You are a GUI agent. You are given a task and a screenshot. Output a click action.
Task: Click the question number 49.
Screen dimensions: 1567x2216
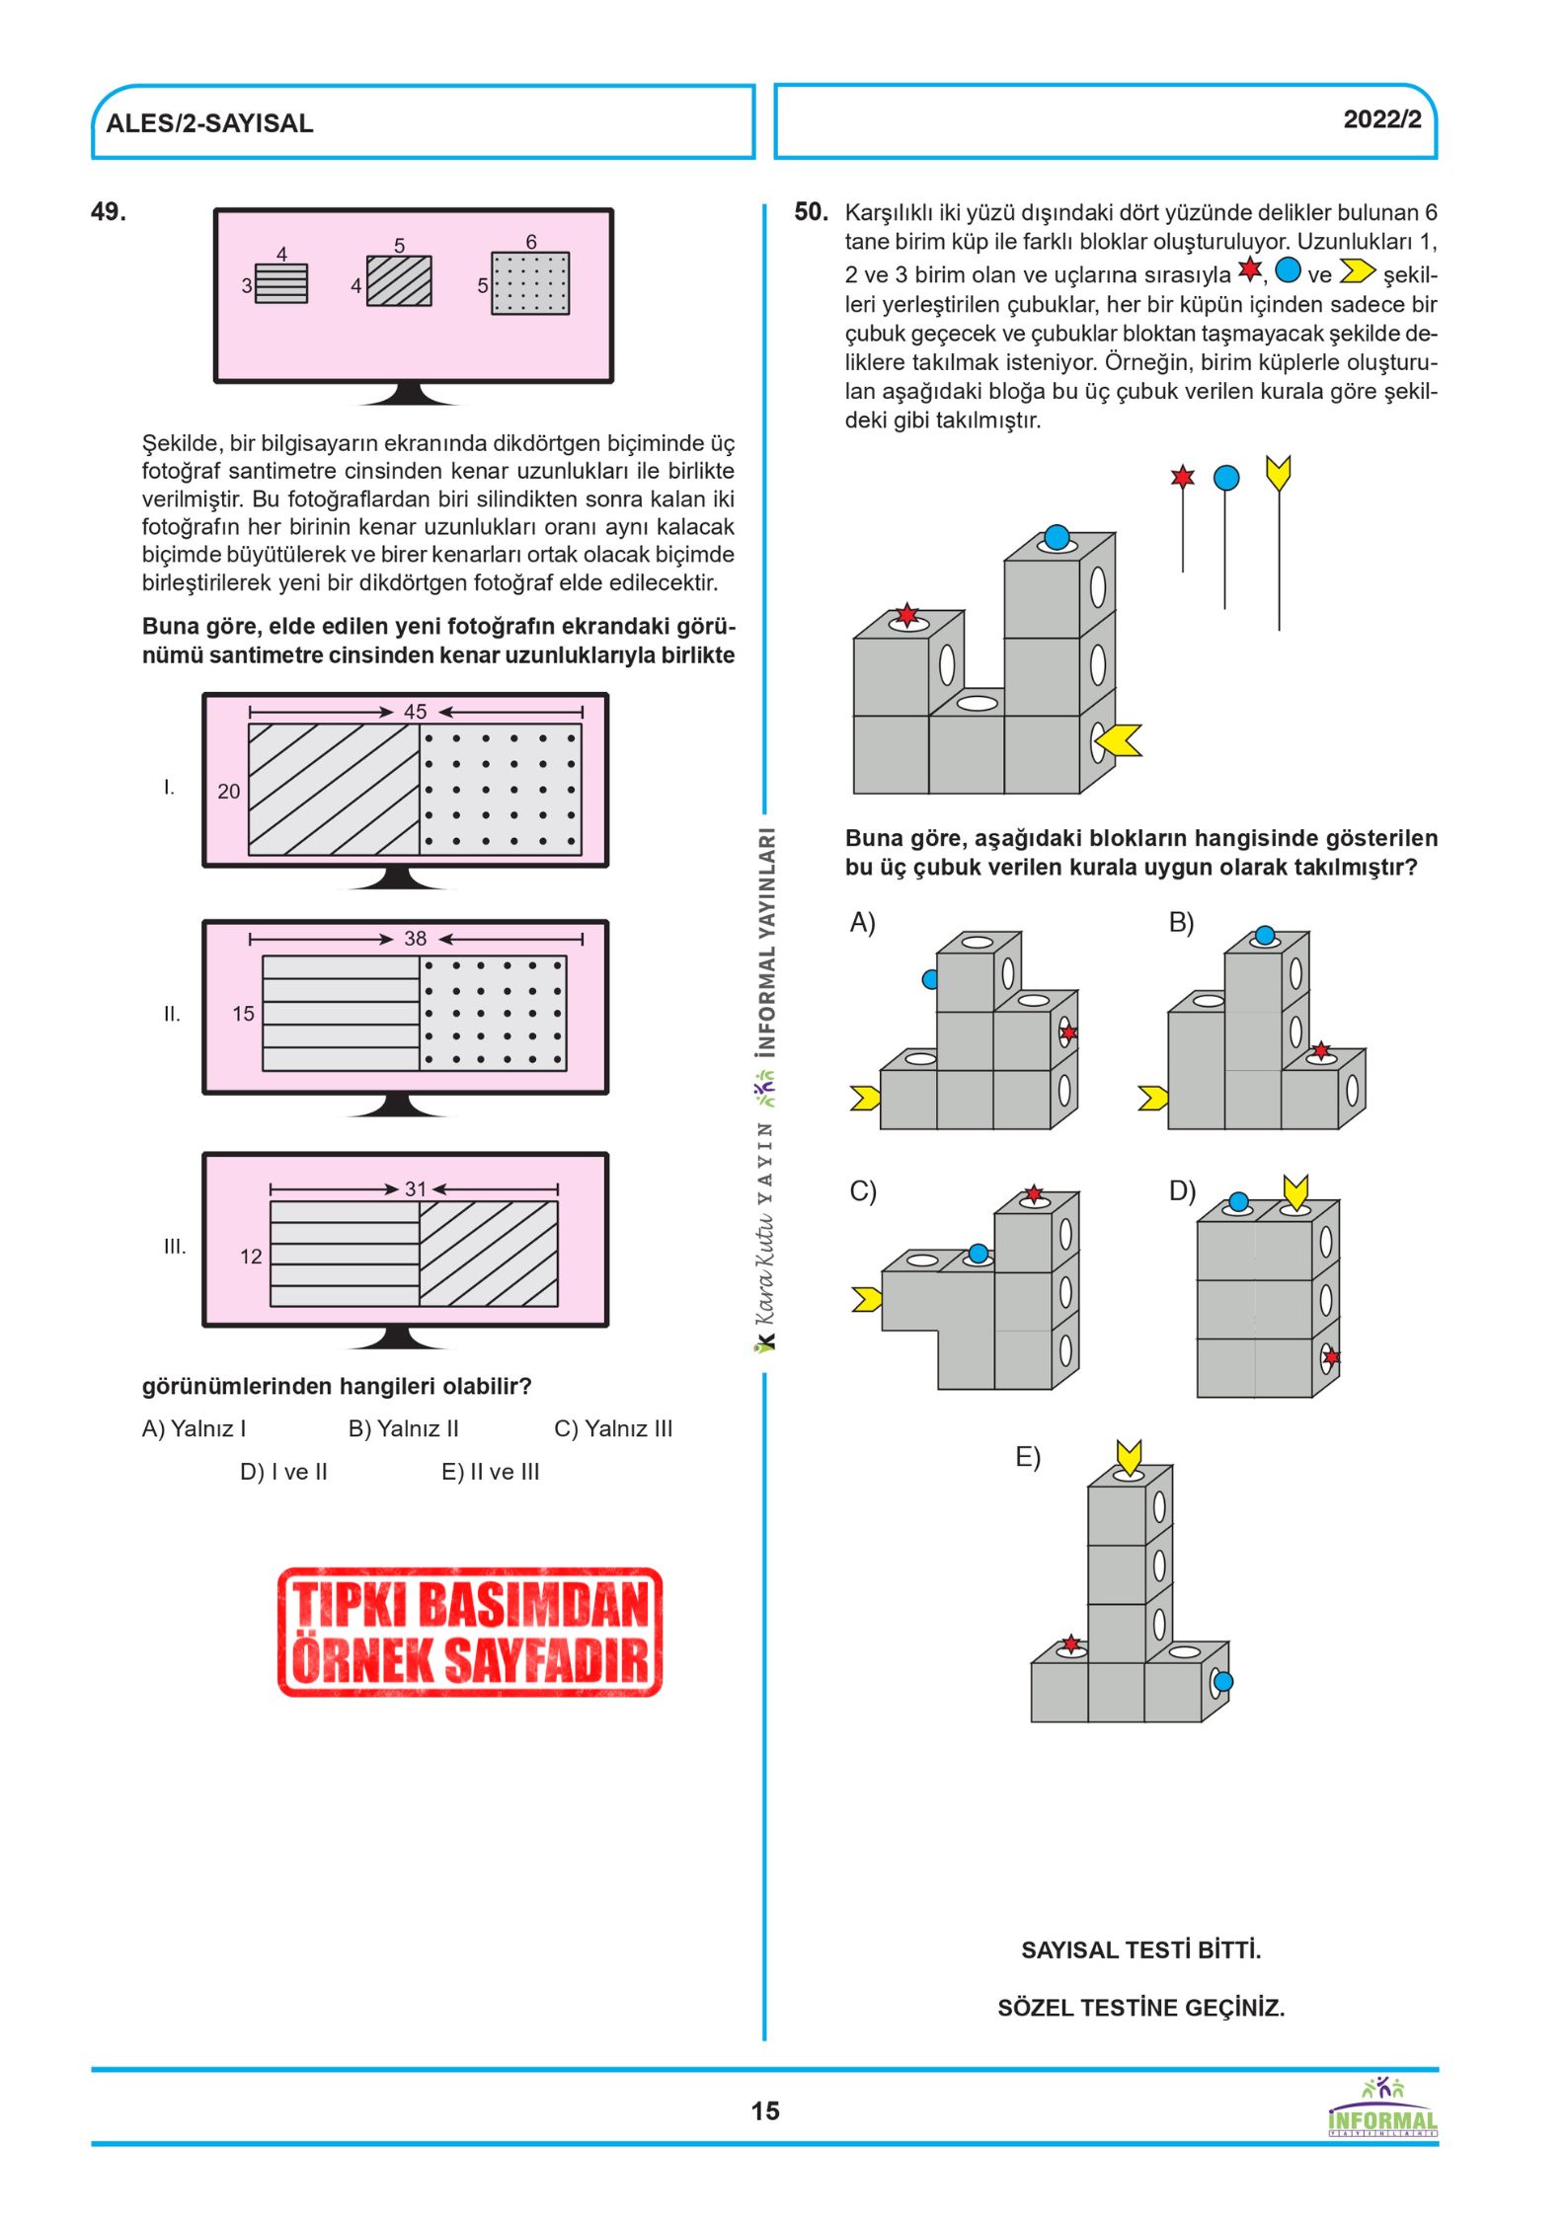[109, 212]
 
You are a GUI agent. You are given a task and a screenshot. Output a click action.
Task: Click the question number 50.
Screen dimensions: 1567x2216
[812, 212]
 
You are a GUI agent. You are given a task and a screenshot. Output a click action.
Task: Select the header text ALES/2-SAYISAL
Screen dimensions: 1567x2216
[209, 123]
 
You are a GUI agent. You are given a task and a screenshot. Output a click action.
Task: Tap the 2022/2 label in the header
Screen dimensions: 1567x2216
[1382, 119]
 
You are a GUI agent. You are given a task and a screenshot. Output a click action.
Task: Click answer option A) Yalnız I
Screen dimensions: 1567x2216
[195, 1428]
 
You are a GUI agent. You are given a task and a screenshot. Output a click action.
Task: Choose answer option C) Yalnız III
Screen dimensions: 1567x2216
[613, 1428]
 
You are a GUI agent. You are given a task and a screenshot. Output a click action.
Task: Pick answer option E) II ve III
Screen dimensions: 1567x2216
[491, 1472]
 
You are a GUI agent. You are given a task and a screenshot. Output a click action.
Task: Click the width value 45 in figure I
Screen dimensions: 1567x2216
[416, 712]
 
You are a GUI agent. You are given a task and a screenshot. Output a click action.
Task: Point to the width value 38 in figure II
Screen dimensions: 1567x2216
[416, 939]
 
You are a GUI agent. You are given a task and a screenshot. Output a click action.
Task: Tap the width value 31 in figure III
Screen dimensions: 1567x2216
[416, 1189]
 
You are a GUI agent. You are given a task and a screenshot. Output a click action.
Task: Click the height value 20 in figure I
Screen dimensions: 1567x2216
[229, 792]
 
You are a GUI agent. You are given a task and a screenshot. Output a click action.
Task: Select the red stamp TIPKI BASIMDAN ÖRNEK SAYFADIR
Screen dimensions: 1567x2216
[470, 1632]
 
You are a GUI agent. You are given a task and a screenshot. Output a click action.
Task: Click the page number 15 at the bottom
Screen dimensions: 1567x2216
[765, 2110]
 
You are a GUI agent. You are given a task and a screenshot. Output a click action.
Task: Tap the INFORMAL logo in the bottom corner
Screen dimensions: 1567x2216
[1382, 2108]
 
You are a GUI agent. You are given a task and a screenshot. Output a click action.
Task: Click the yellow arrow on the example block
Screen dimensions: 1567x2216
[1118, 740]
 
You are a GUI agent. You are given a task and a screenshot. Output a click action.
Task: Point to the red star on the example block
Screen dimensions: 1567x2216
[906, 616]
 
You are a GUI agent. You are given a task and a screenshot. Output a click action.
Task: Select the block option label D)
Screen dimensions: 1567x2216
[1182, 1191]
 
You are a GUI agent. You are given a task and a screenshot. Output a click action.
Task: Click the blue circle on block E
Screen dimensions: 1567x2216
[1223, 1681]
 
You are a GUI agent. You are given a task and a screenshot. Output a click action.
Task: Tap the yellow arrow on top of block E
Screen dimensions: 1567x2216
[1130, 1457]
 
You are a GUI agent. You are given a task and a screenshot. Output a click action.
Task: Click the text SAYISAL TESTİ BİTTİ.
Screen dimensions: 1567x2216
[1141, 1949]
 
